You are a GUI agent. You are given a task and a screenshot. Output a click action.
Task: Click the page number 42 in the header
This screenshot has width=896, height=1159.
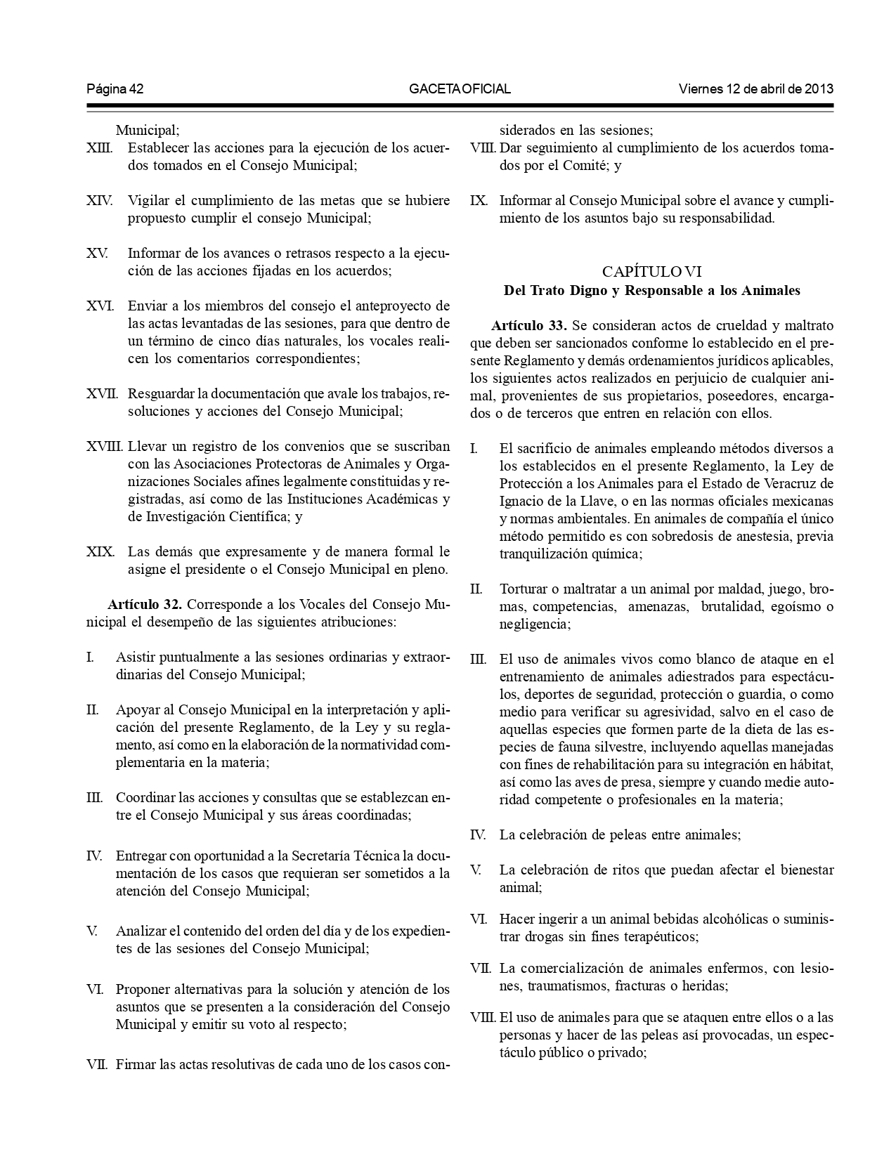click(137, 89)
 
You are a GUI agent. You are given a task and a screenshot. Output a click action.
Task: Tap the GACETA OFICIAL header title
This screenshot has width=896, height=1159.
click(460, 89)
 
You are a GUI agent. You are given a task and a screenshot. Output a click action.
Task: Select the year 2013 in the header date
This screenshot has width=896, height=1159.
click(819, 89)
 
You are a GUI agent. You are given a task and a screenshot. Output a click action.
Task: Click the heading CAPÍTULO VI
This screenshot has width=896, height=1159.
click(651, 272)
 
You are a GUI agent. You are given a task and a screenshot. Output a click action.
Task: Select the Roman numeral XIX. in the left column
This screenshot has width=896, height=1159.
click(100, 551)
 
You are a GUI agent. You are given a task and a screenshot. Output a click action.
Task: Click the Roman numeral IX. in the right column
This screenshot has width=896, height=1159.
click(478, 200)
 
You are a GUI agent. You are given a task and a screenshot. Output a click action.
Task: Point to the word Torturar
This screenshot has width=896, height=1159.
click(524, 589)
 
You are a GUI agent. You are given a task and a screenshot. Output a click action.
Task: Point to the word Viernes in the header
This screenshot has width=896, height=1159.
click(701, 89)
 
